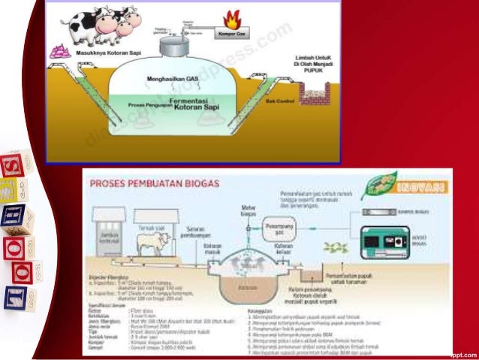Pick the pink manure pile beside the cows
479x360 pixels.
(x=57, y=52)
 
